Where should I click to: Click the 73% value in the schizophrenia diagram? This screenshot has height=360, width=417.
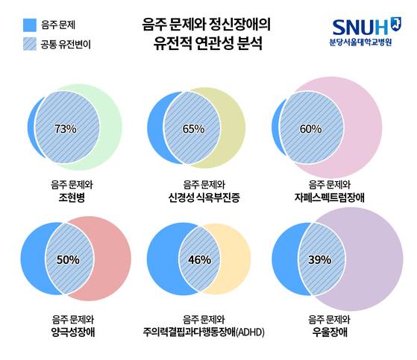[66, 129]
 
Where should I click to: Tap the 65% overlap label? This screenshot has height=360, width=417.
[193, 129]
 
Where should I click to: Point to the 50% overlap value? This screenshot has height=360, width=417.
[68, 259]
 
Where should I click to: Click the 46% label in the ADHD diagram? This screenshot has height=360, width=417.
[200, 259]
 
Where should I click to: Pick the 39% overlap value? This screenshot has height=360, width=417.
[319, 259]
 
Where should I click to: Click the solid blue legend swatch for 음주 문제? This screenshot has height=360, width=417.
[30, 25]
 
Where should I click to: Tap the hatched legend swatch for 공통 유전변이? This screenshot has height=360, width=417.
[30, 44]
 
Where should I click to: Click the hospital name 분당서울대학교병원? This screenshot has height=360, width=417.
[368, 43]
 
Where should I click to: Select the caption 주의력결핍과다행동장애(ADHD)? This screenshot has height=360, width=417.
[204, 332]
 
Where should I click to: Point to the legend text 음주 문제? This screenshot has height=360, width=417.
[63, 25]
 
